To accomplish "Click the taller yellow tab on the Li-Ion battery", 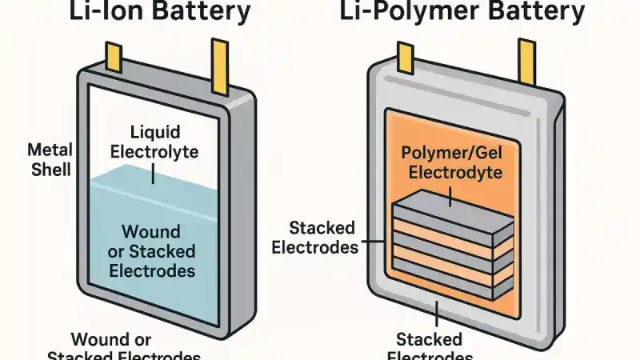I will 219,60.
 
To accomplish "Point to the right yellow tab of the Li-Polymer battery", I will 526,61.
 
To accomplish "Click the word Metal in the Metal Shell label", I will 50,150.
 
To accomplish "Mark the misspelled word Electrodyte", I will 453,171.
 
